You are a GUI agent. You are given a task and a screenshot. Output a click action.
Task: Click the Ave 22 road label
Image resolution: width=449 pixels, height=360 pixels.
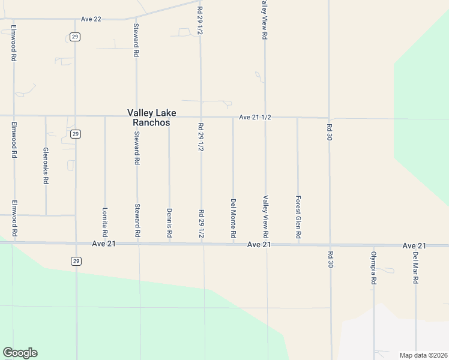tap(91, 19)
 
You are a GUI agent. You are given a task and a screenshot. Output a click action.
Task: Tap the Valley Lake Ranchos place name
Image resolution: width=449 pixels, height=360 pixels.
tap(148, 117)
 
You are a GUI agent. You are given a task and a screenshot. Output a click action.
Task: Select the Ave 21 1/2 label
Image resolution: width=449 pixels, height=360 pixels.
tap(255, 118)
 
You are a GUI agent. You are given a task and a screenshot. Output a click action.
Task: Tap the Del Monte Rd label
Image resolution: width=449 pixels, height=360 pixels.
tap(233, 218)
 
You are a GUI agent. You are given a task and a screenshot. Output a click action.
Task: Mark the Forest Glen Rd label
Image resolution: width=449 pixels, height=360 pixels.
tap(298, 217)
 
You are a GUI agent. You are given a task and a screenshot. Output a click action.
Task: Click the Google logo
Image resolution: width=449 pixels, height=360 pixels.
tap(20, 353)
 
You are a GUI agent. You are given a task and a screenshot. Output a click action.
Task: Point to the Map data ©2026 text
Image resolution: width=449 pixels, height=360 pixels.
tap(423, 355)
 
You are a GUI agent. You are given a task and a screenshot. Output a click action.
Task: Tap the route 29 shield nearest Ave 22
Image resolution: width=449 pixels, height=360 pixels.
tap(74, 37)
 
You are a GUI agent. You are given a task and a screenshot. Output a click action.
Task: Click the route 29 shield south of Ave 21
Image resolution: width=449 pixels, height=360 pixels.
tap(75, 260)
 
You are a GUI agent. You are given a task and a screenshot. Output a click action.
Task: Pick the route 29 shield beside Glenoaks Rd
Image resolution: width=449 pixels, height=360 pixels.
tap(74, 134)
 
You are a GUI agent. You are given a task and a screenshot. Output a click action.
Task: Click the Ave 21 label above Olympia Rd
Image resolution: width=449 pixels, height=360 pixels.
tap(414, 246)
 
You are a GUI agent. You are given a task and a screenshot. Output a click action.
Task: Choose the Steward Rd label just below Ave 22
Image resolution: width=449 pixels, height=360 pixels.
tap(136, 40)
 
